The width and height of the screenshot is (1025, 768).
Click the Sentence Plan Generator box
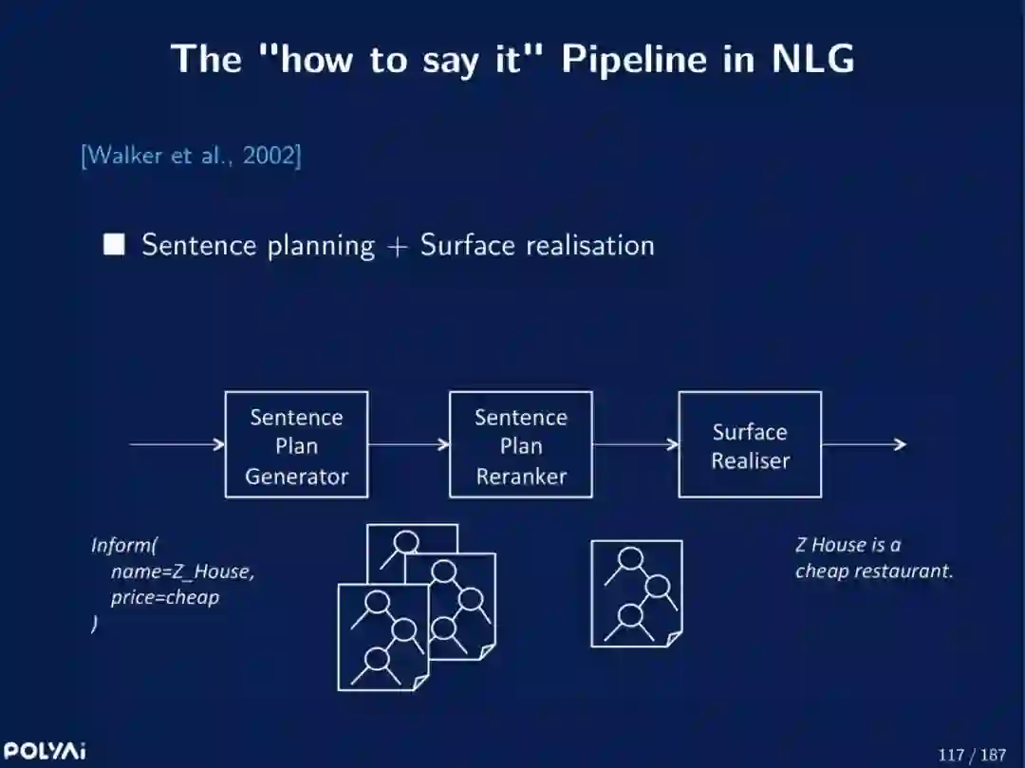pos(296,444)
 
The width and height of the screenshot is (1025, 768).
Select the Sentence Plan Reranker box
pos(520,444)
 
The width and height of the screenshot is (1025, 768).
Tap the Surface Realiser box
pos(750,444)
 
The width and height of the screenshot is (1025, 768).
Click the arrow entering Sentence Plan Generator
pos(177,443)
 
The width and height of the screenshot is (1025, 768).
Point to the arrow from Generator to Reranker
pos(408,443)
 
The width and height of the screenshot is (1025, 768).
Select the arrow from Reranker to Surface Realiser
pos(635,443)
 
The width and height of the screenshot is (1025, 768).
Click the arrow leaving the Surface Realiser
pos(863,443)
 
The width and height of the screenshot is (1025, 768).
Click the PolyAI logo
pos(44,751)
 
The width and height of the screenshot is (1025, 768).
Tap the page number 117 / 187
pos(971,755)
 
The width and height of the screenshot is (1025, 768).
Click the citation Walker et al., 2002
pos(191,155)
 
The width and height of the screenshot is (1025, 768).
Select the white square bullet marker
pos(114,245)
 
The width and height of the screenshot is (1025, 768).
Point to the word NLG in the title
pos(812,59)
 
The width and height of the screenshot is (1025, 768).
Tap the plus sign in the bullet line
pos(397,246)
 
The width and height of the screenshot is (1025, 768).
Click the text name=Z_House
pos(182,571)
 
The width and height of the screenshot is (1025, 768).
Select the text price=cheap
pos(164,597)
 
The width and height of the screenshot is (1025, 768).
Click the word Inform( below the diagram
pos(124,545)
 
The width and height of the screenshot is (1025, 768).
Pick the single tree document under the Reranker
pos(636,593)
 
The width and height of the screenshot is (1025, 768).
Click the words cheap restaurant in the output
pos(873,571)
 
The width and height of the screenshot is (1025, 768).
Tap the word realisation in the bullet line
pos(589,245)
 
